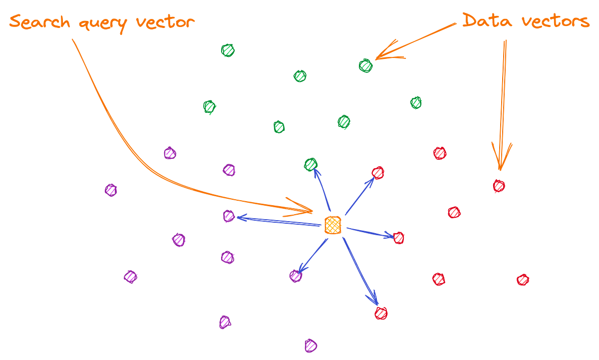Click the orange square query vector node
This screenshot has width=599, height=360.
pos(332,226)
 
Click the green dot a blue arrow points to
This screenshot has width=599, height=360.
pos(311,164)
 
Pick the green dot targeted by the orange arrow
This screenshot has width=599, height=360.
pos(365,65)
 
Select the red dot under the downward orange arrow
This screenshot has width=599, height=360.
pos(499,186)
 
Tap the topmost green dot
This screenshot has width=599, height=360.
pos(228,50)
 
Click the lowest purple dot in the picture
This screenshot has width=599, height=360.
pos(310,345)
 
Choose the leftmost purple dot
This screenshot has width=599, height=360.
pos(110,190)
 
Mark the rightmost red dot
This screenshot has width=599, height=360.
pos(523,280)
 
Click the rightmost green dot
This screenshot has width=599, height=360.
pos(416,103)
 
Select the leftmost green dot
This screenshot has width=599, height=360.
pos(209,106)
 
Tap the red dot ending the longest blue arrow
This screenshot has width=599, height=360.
pos(381,313)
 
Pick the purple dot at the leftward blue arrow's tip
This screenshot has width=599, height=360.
pos(228,216)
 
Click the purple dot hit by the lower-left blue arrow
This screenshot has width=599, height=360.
pos(296,275)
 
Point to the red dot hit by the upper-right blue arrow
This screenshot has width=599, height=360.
pos(378,172)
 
